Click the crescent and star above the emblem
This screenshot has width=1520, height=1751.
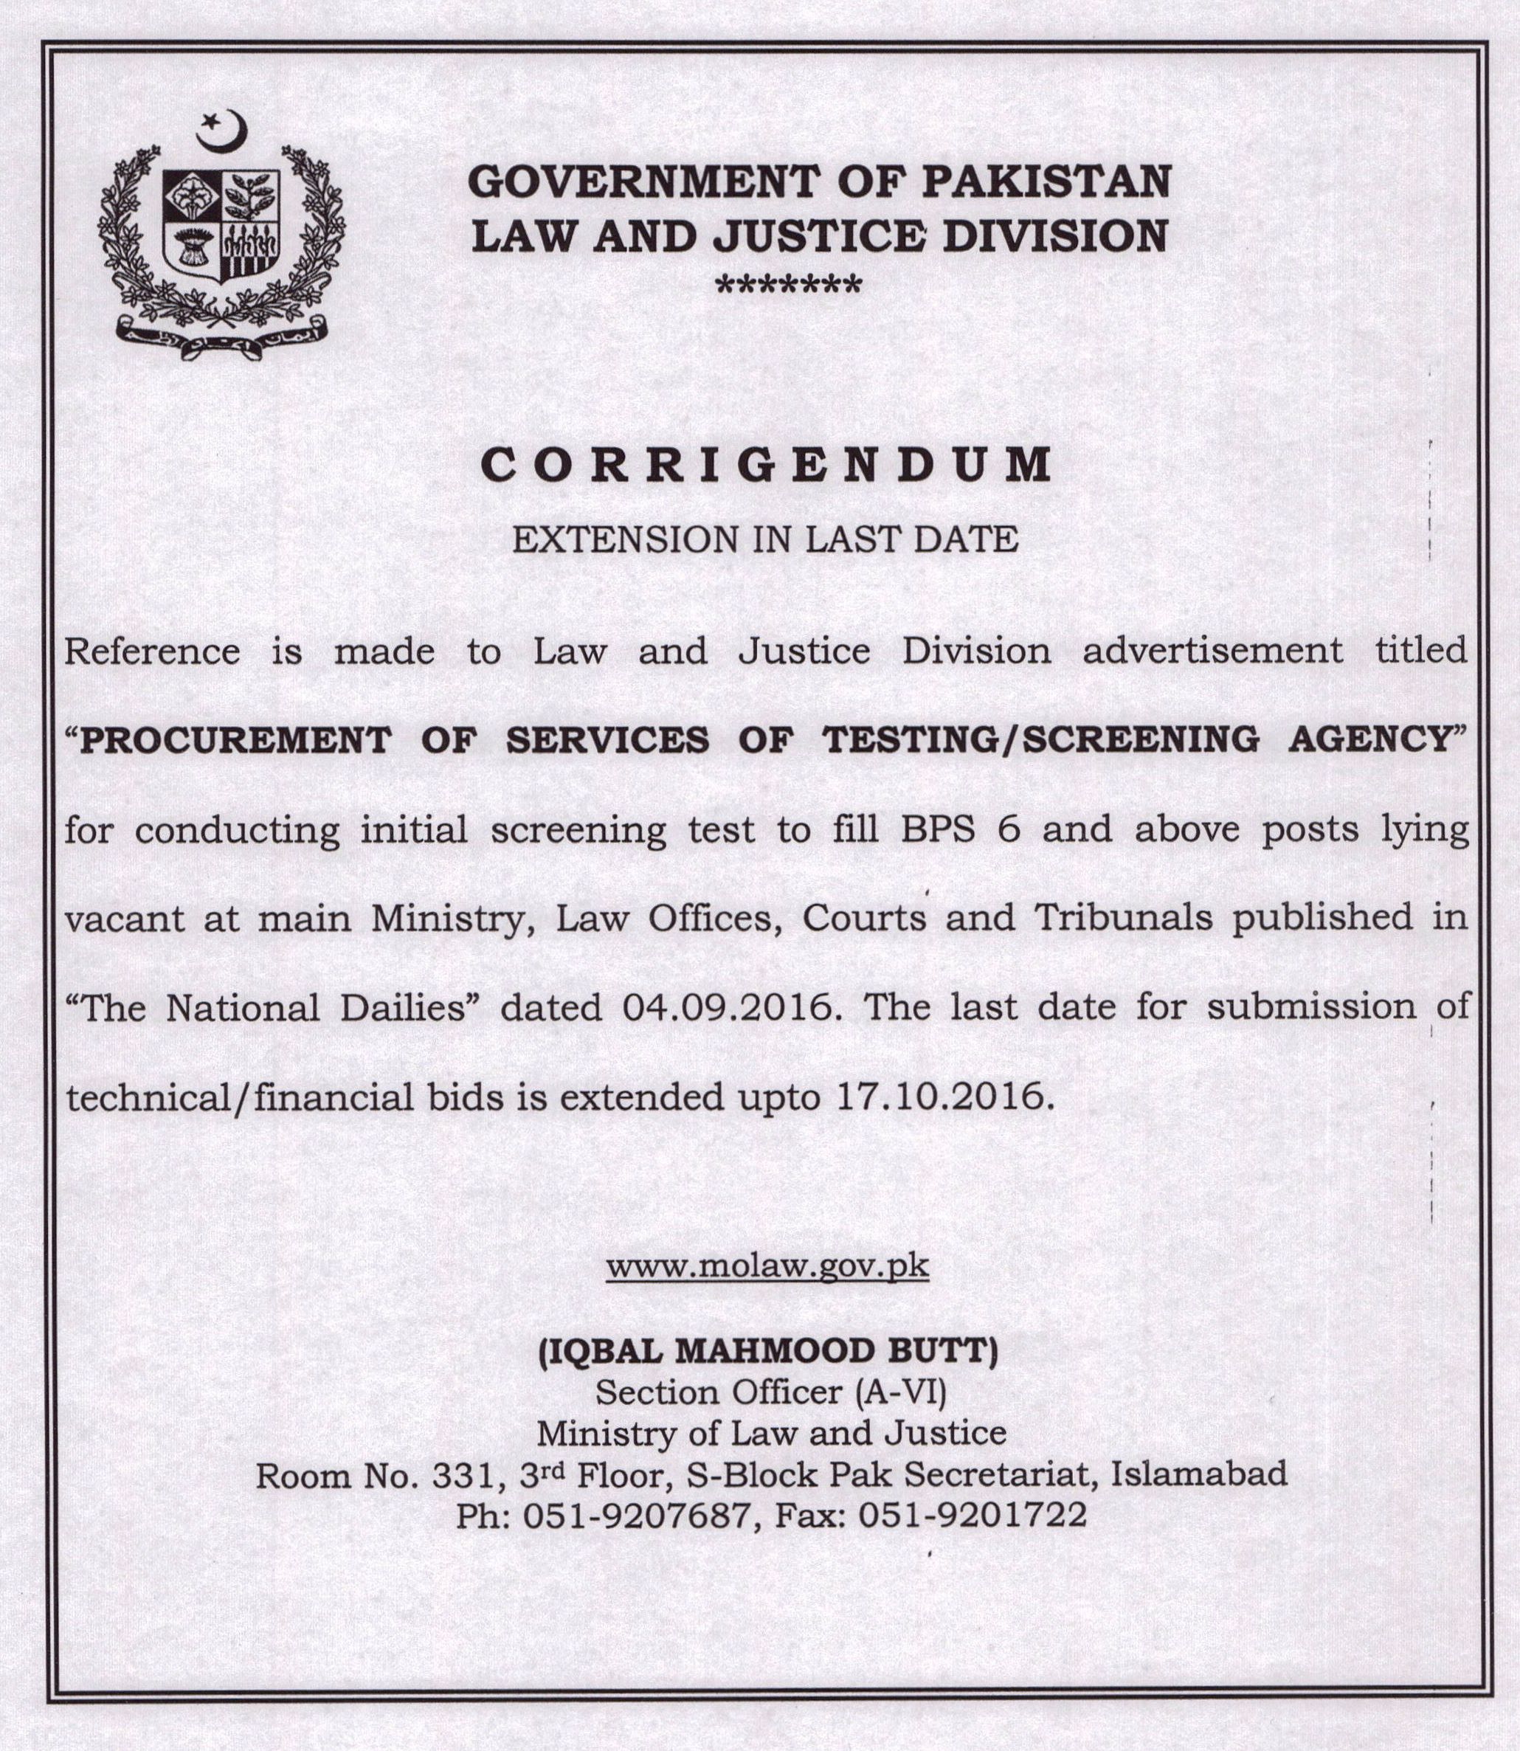click(223, 131)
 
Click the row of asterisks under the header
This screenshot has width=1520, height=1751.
click(789, 284)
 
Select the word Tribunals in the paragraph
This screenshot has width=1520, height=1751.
click(1122, 918)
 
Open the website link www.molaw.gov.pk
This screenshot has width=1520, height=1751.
click(767, 1267)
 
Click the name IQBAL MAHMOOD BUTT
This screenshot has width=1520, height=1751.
click(767, 1350)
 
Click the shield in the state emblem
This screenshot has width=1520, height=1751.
click(221, 226)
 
